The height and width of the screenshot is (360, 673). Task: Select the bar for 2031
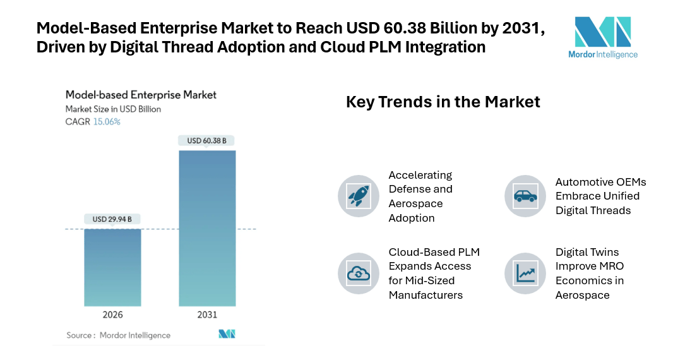point(207,228)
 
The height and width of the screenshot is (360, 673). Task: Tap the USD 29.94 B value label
point(112,219)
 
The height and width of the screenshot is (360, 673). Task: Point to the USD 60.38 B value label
point(207,140)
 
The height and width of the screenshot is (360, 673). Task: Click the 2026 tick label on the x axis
point(112,315)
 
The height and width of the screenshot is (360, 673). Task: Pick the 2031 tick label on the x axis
point(207,315)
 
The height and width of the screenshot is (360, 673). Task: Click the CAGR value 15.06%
point(107,122)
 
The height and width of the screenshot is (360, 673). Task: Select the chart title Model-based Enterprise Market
point(141,95)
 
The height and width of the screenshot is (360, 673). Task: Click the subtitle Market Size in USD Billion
point(113,109)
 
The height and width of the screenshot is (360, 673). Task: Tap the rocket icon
point(358,196)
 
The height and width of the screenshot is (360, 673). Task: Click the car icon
point(525,196)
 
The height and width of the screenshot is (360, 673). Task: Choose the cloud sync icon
point(358,273)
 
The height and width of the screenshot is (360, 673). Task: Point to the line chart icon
point(525,273)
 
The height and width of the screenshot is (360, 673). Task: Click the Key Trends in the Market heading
point(443,102)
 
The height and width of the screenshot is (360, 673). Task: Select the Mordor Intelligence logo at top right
point(602,37)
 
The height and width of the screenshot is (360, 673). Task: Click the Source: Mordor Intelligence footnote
point(119,335)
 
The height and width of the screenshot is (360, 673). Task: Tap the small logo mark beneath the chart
point(227,334)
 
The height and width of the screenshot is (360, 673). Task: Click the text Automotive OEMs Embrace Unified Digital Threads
point(600,196)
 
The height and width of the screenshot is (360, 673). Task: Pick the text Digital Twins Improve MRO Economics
point(590,273)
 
